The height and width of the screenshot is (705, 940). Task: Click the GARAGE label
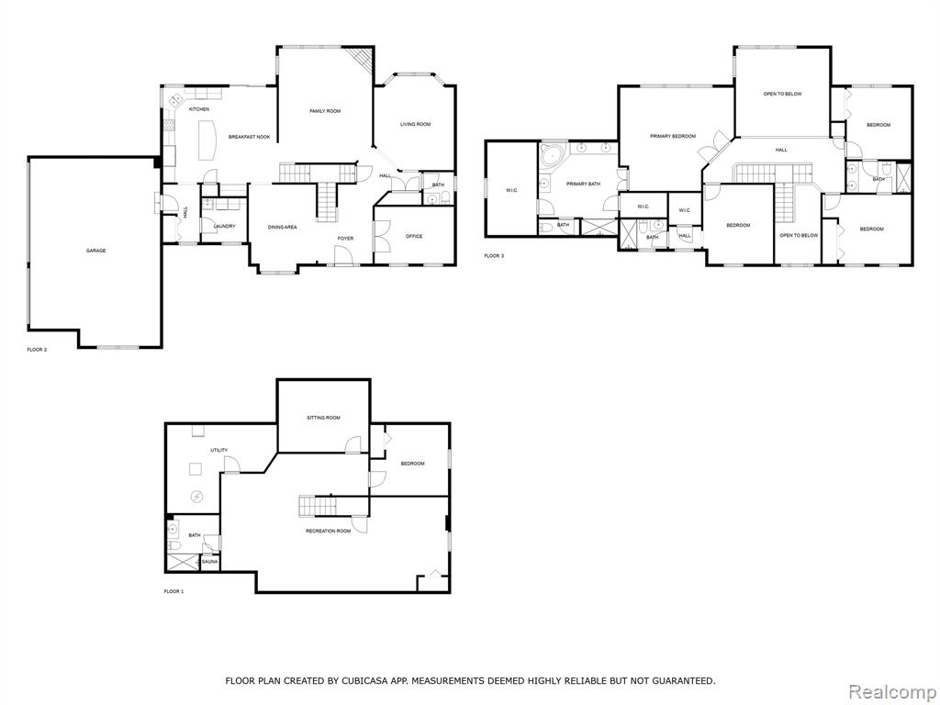click(x=95, y=251)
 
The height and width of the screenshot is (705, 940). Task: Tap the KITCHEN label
click(x=199, y=109)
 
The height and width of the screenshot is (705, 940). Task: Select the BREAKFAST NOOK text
click(x=250, y=138)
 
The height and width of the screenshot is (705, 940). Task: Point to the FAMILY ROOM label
click(x=325, y=111)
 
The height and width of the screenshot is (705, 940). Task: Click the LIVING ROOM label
click(x=416, y=125)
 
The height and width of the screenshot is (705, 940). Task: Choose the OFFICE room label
click(x=414, y=237)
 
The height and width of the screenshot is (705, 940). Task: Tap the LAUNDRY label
click(x=225, y=227)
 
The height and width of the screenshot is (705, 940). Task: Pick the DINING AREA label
click(x=283, y=228)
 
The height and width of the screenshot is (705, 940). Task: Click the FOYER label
click(x=345, y=239)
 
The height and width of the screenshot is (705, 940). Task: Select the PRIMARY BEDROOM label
click(x=673, y=137)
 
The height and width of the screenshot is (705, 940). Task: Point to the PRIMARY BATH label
click(x=583, y=184)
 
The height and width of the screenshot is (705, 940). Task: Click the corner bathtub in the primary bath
click(x=552, y=156)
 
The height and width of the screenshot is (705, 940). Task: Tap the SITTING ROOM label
click(x=324, y=418)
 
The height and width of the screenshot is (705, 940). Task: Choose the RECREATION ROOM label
click(x=329, y=532)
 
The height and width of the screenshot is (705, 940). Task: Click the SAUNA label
click(x=210, y=562)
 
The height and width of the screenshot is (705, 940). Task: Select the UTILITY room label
click(x=218, y=450)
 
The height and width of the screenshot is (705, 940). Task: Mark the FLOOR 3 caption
click(x=494, y=256)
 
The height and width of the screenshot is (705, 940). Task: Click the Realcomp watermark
click(x=891, y=692)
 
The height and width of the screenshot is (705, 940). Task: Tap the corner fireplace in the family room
click(x=362, y=59)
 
